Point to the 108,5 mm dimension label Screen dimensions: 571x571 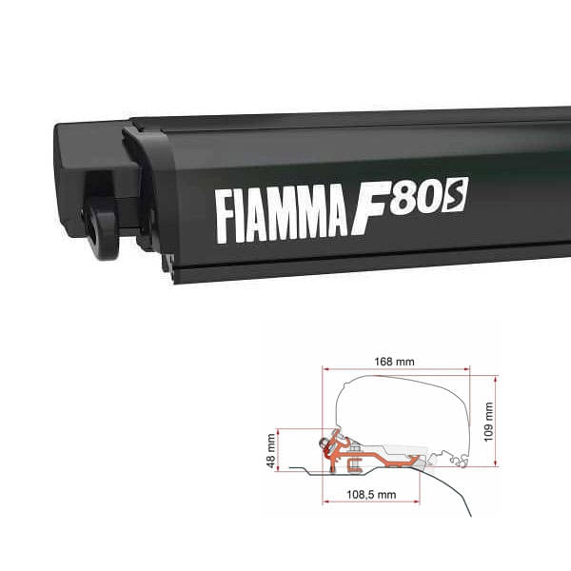[x=373, y=495]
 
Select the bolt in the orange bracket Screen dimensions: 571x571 [x=335, y=446]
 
